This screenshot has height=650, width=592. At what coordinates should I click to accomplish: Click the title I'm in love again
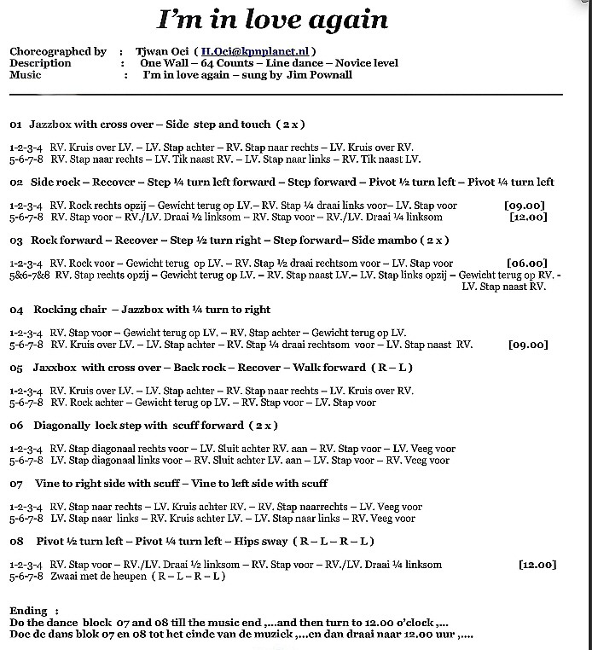coord(272,20)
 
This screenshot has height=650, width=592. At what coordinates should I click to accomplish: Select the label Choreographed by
coord(58,51)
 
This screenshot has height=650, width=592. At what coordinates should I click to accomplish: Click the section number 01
coord(15,125)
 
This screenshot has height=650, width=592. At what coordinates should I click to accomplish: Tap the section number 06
coord(15,426)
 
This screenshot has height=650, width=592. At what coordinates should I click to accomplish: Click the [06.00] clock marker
coord(526,264)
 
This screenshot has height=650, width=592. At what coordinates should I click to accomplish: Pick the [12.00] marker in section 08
coord(537,565)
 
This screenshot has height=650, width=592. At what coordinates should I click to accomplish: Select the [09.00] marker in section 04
coord(526,345)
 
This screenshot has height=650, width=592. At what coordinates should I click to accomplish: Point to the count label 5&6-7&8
coord(27,276)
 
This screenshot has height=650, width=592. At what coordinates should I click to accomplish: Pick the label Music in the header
coord(26,75)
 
